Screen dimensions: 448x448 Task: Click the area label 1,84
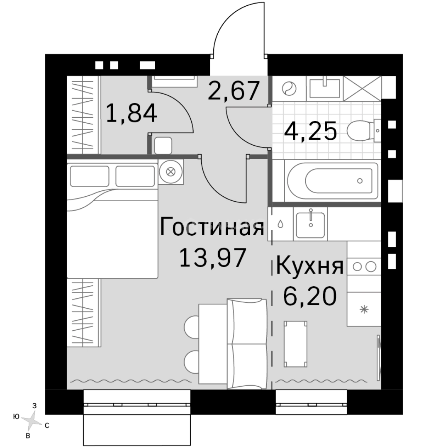[131, 114]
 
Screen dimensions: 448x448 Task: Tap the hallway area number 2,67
[234, 91]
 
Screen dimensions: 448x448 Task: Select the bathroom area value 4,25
[311, 131]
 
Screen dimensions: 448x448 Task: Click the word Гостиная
[212, 226]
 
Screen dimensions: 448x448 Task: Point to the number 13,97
[213, 258]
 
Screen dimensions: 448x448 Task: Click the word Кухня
[310, 266]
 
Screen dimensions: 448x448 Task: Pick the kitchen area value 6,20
[310, 296]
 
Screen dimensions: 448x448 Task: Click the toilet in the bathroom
[363, 131]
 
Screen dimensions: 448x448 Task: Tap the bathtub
[333, 180]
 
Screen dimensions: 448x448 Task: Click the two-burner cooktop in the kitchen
[364, 267]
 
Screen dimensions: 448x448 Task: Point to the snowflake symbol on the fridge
[364, 309]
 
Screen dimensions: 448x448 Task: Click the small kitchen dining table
[296, 344]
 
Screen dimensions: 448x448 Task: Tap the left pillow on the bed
[90, 176]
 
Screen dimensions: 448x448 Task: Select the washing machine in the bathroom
[289, 88]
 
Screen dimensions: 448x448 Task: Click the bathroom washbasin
[324, 88]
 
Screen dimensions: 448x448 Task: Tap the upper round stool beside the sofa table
[192, 327]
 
